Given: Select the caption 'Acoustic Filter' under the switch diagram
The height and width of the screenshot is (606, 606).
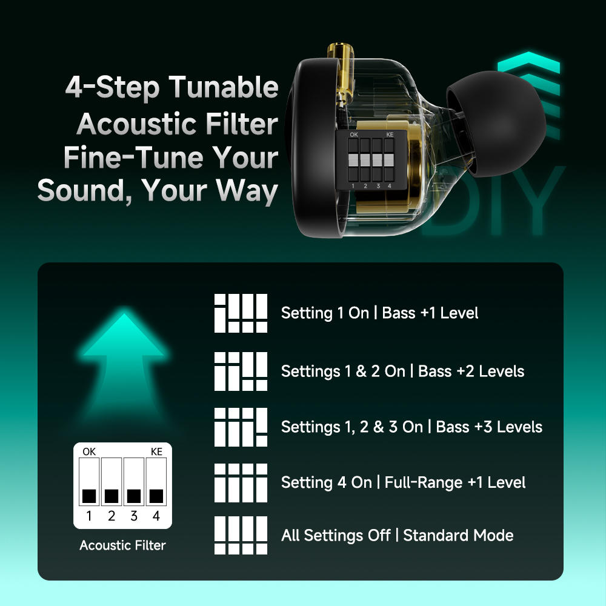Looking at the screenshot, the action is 122,545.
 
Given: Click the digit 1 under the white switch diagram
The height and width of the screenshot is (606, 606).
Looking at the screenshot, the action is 89,516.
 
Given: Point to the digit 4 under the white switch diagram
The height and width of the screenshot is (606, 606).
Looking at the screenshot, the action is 156,516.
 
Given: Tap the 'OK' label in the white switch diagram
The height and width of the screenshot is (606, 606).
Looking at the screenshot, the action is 89,451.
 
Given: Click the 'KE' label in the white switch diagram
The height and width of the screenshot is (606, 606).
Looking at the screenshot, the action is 156,451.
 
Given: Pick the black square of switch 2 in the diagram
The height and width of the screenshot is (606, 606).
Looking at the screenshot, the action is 112,496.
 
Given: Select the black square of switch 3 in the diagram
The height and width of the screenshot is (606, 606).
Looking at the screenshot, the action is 134,496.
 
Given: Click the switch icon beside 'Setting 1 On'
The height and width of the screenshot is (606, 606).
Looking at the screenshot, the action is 241,313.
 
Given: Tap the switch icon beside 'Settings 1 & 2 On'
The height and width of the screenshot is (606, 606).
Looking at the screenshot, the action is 241,371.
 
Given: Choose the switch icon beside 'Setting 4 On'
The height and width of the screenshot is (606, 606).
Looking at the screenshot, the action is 241,483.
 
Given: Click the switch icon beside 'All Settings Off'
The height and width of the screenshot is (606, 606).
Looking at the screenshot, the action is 241,535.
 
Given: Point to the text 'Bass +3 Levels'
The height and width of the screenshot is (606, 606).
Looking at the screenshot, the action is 489,427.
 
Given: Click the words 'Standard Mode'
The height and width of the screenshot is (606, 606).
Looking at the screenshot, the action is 458,535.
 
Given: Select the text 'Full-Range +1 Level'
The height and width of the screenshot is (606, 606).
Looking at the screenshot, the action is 455,482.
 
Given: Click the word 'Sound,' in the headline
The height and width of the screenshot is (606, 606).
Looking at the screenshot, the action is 85,191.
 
